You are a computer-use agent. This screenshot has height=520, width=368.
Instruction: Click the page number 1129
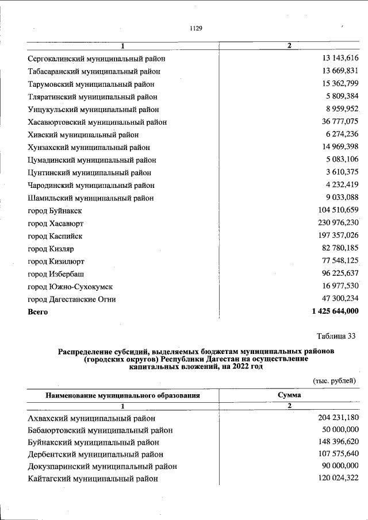point(195,28)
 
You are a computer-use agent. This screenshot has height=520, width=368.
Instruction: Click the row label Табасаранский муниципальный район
point(94,72)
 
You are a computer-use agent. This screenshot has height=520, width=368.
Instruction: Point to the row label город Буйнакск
point(55,211)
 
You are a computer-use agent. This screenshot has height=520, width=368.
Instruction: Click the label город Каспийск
point(55,236)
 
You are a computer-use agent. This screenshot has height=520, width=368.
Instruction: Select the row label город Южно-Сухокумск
point(71,287)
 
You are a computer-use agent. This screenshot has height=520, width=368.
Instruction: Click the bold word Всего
point(38,312)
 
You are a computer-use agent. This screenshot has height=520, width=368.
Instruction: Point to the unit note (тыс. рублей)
point(334,380)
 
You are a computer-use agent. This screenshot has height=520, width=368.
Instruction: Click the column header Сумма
point(289,395)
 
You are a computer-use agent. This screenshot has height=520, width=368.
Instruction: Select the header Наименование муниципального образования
point(123,395)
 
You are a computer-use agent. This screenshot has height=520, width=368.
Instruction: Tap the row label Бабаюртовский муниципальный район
point(100,430)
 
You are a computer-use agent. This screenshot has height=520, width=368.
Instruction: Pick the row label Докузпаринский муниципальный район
point(102,467)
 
